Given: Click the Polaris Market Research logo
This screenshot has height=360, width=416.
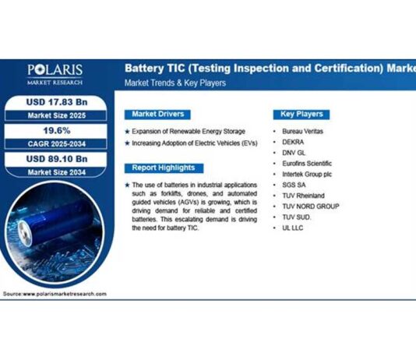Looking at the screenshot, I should [55, 74].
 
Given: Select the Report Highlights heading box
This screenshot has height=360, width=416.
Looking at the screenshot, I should [164, 168].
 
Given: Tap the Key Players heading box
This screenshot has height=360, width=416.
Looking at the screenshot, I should [303, 114].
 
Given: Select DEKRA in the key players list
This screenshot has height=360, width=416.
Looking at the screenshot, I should [294, 143].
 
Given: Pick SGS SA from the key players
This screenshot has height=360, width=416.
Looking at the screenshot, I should [295, 185].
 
